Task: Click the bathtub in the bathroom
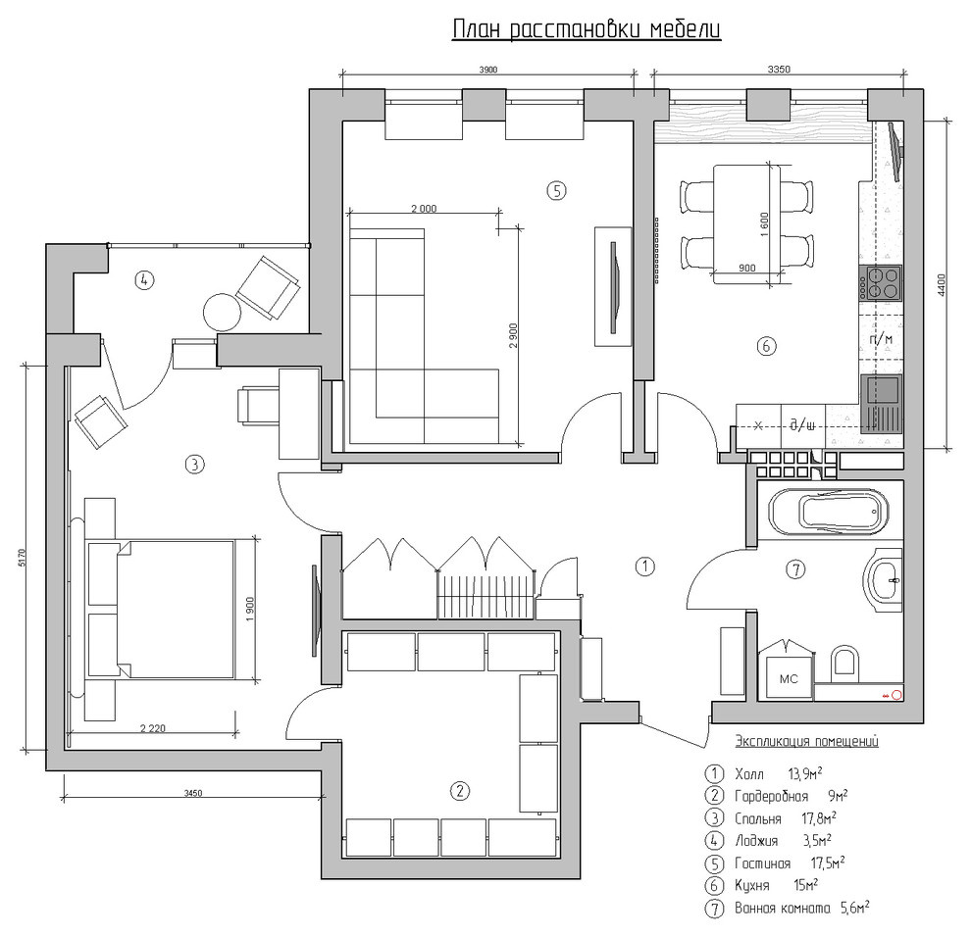[828, 512]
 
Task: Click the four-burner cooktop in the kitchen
[880, 283]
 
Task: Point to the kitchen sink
[880, 402]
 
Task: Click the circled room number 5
[556, 190]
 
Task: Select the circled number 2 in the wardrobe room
[459, 790]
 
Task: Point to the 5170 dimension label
[23, 558]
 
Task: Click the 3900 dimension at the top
[488, 70]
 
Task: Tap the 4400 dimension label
[942, 284]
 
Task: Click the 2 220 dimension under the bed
[152, 728]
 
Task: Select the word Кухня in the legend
[751, 886]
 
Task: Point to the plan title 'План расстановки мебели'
[586, 29]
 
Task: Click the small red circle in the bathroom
[895, 696]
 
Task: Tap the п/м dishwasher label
[881, 339]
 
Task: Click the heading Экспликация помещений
[806, 741]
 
